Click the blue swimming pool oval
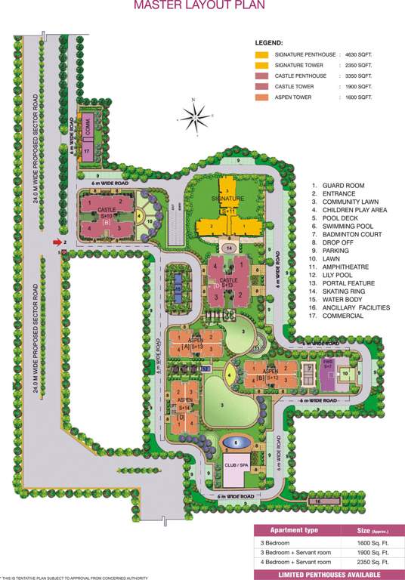click(x=237, y=442)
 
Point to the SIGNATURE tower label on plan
click(x=227, y=199)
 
